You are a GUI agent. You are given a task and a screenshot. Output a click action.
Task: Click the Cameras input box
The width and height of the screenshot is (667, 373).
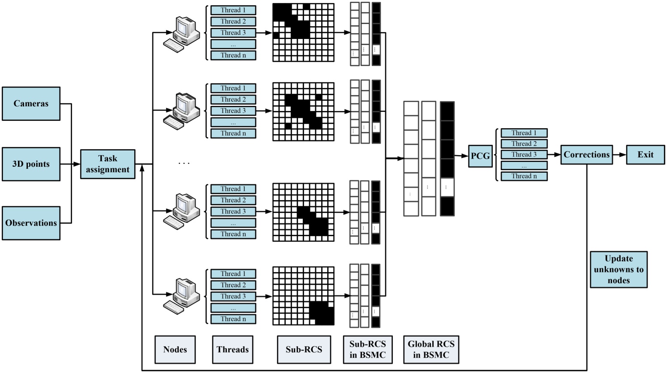(31, 103)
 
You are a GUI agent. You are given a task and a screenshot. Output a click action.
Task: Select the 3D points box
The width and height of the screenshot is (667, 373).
(31, 164)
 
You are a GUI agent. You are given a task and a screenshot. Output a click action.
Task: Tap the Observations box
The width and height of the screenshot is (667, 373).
(31, 223)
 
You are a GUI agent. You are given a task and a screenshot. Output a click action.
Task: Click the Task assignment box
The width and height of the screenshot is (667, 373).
(108, 164)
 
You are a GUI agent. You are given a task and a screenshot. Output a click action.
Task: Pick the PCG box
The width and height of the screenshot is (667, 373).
(480, 156)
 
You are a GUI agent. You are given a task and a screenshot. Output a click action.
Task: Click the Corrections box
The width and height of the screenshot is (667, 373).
(586, 155)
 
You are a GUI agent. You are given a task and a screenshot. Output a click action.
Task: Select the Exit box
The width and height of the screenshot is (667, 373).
(645, 155)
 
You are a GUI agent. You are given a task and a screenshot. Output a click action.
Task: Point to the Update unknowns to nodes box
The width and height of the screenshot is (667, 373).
(619, 269)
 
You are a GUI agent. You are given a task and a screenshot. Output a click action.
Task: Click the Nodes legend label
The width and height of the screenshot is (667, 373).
(175, 349)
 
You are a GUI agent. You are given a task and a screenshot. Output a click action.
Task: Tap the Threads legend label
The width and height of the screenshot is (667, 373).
(232, 349)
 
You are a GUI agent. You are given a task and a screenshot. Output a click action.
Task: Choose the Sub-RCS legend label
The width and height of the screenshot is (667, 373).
(304, 349)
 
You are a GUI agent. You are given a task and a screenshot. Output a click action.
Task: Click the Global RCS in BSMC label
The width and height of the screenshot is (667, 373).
(431, 349)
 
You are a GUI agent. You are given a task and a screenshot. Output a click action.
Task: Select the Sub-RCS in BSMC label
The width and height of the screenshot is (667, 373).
(368, 349)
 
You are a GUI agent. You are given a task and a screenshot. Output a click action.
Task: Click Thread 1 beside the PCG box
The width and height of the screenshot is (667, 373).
(524, 133)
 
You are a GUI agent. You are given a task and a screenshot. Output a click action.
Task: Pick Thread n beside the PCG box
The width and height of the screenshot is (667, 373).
(524, 176)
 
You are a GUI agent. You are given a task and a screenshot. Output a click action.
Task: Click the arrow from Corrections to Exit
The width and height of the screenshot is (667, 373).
(619, 155)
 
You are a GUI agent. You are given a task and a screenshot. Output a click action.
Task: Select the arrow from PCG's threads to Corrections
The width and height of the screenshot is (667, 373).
(554, 155)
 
